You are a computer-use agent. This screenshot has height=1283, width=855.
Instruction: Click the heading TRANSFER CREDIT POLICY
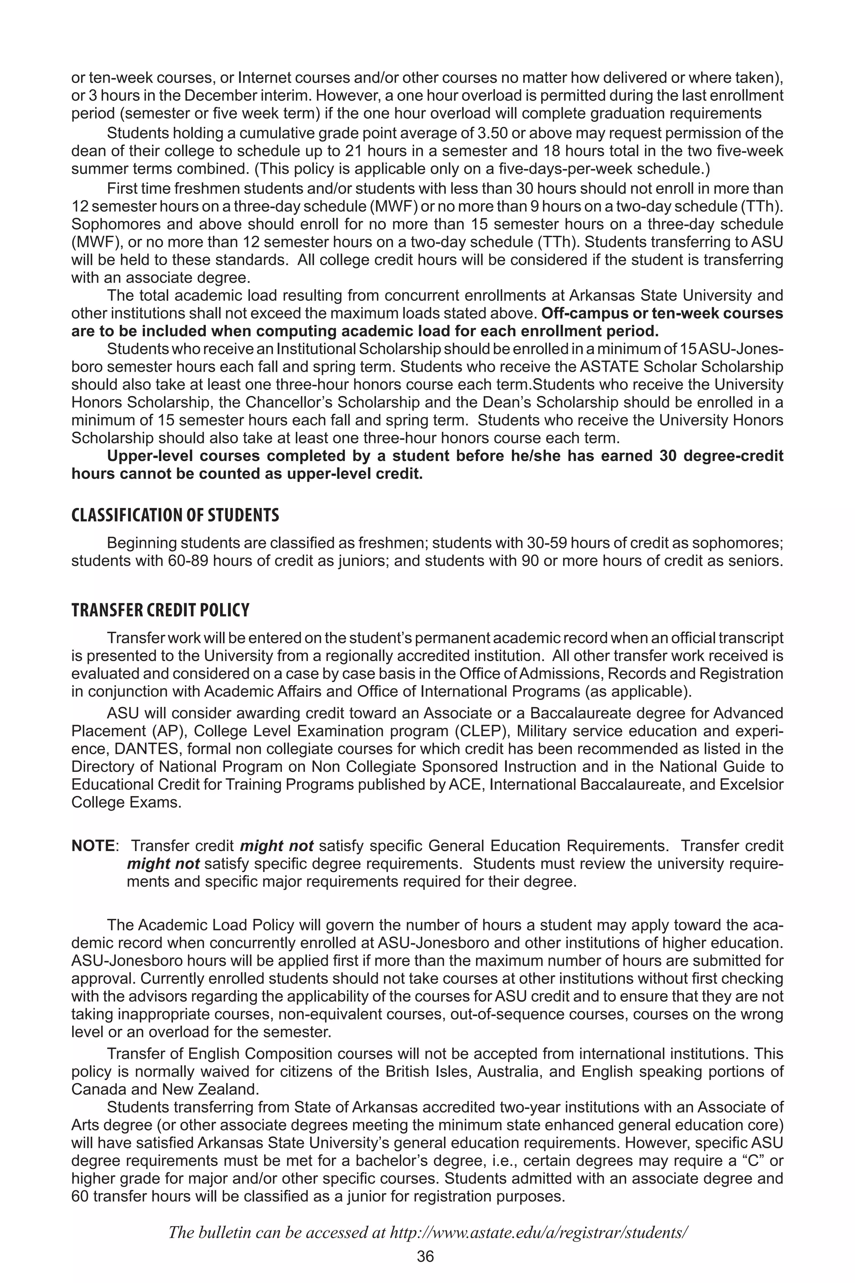[160, 610]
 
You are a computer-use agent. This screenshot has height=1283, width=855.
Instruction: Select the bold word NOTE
[93, 846]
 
